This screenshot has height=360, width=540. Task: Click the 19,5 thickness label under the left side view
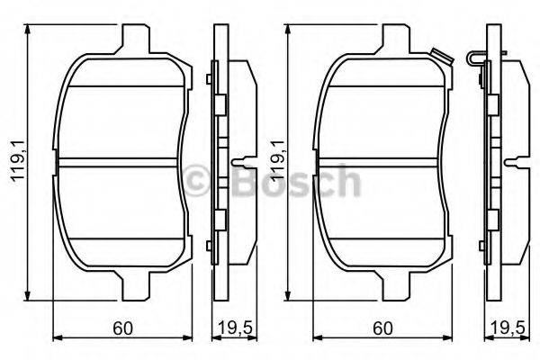[x=232, y=328]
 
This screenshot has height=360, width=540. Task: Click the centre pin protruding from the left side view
[x=242, y=163]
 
